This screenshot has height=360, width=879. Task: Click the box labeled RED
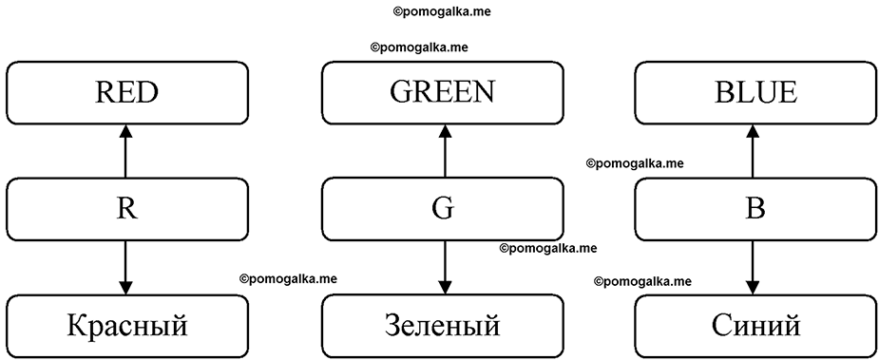[x=126, y=92]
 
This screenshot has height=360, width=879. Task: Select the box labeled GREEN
[x=442, y=92]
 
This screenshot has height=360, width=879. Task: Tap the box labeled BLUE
[x=756, y=92]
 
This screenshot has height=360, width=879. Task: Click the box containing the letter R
[x=126, y=209]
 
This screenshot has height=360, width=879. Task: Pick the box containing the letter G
[x=442, y=209]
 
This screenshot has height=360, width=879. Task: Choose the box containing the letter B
[x=756, y=209]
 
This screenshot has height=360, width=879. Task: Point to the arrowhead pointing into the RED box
[x=125, y=131]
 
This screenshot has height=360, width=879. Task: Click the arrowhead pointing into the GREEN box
[x=445, y=131]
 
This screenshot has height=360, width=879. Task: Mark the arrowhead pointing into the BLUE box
[x=753, y=131]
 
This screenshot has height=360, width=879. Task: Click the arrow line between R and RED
[x=125, y=151]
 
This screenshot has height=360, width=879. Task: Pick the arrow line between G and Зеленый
[x=445, y=268]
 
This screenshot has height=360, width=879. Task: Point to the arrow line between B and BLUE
[x=753, y=151]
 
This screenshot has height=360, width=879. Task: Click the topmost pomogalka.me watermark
[x=442, y=11]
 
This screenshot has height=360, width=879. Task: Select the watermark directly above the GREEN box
[x=419, y=47]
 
